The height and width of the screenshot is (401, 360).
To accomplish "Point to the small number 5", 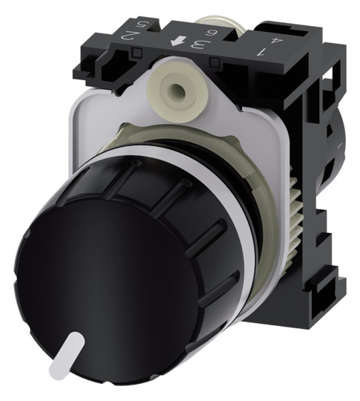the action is point(140,25).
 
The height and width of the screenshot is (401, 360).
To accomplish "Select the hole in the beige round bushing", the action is point(174,89).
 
